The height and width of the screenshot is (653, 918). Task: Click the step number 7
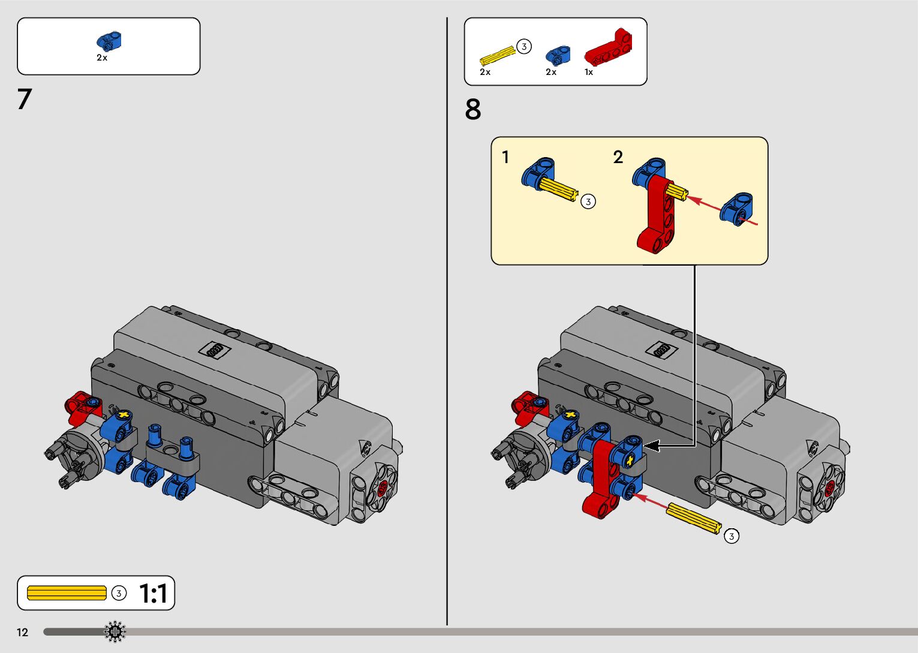point(24,99)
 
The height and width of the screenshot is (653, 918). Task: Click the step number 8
point(472,110)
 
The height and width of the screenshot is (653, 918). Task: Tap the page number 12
point(22,632)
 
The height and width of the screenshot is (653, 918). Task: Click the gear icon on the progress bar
point(115,631)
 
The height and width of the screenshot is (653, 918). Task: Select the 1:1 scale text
point(153,594)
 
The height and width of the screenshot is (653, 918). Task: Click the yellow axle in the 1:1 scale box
point(67,593)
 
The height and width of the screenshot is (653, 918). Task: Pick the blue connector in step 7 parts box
point(109,41)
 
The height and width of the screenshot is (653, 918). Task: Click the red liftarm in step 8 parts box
point(608,48)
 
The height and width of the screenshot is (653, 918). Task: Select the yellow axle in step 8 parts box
point(497,55)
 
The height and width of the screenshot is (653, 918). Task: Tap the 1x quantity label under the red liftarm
point(589,72)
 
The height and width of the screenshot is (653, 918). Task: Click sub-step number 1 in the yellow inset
point(505,157)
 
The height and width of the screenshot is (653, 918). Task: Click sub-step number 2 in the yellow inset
point(618,157)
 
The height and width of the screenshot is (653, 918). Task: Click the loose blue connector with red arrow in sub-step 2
point(736,208)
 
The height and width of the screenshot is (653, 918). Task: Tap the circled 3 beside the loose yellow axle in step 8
point(731,536)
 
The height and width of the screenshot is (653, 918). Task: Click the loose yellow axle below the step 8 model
point(693,518)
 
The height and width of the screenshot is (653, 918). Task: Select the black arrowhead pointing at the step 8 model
point(651,446)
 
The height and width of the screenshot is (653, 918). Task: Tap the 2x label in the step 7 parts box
point(102,58)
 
